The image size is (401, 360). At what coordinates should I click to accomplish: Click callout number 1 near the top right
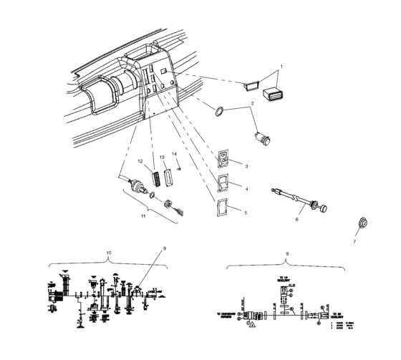[x=281, y=67]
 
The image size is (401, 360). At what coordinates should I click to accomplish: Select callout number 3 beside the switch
[x=246, y=165]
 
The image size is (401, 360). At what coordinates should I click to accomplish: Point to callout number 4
[x=246, y=189]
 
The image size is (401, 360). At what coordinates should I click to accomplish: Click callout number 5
[x=246, y=213]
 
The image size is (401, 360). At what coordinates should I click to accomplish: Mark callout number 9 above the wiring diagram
[x=164, y=248]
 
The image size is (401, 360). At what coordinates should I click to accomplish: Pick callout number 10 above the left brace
[x=109, y=253]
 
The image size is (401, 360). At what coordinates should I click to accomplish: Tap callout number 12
[x=141, y=160]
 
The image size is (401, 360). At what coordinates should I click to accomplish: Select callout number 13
[x=162, y=157]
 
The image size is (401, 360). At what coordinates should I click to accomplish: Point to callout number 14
[x=174, y=154]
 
